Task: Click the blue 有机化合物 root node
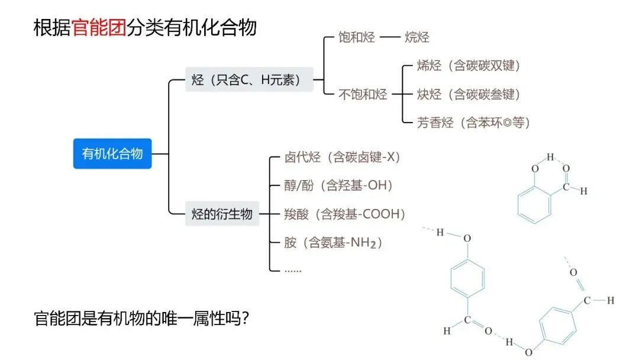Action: click(112, 154)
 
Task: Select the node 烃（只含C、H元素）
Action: click(249, 79)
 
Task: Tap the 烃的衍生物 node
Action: click(222, 213)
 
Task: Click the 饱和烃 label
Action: click(356, 37)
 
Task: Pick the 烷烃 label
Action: click(417, 37)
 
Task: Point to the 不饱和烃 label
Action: click(363, 94)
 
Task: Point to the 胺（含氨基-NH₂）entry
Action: click(334, 242)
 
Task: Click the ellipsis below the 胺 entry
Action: click(293, 270)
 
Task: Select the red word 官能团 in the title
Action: click(99, 28)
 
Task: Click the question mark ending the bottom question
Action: click(244, 319)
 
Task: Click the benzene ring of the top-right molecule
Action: click(534, 204)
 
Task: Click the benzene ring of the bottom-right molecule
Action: click(557, 324)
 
